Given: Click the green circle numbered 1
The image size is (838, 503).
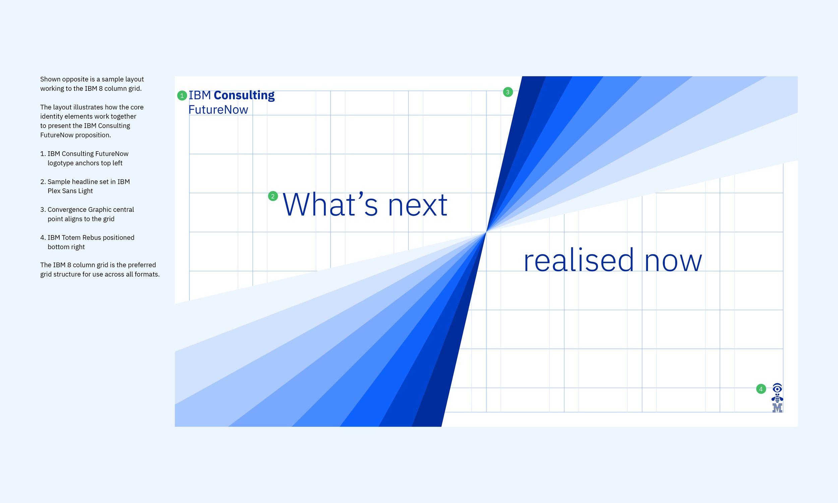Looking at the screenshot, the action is pyautogui.click(x=182, y=96).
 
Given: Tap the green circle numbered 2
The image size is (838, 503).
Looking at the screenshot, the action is pyautogui.click(x=273, y=196).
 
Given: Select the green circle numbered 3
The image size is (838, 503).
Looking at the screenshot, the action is pyautogui.click(x=508, y=92).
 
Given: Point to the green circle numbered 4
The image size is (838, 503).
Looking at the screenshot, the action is pyautogui.click(x=761, y=389).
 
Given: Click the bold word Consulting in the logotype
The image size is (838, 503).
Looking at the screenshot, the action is pyautogui.click(x=244, y=96).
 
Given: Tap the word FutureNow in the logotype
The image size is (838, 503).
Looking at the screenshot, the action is pyautogui.click(x=218, y=109).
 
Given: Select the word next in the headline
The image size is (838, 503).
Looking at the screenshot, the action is pyautogui.click(x=418, y=206).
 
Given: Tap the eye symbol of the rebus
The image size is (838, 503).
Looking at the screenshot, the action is pyautogui.click(x=777, y=388).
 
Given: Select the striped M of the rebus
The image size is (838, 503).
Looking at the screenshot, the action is pyautogui.click(x=777, y=407).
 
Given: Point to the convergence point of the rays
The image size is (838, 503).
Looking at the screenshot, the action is pyautogui.click(x=486, y=232).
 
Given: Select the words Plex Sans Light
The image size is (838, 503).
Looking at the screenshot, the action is pyautogui.click(x=70, y=191).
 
